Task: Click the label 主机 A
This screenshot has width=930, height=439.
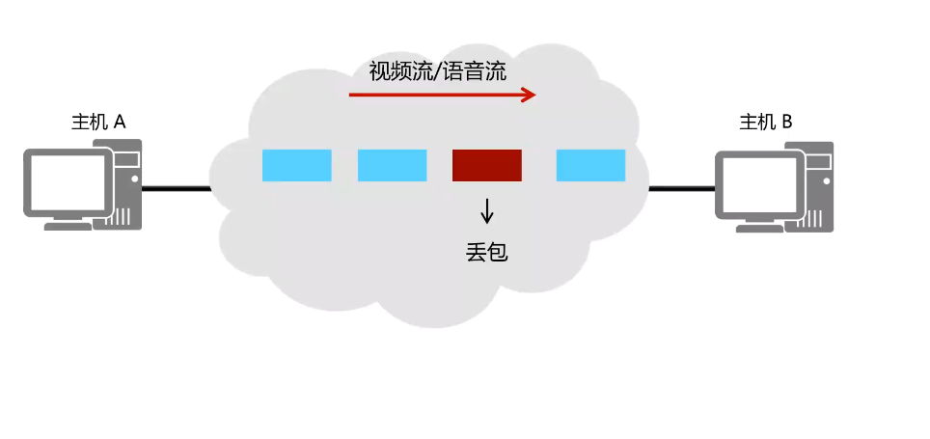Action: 99,123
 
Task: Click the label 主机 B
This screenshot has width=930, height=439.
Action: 766,123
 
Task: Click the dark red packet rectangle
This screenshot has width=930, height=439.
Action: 487,165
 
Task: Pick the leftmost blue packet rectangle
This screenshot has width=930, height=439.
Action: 297,165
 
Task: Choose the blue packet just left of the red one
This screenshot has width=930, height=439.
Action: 392,165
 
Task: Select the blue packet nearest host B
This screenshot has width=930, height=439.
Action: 590,165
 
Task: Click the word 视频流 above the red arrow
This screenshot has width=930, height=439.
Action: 398,71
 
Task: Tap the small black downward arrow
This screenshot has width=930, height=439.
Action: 487,209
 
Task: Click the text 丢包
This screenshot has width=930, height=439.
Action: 486,253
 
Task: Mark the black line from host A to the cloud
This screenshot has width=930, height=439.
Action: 176,188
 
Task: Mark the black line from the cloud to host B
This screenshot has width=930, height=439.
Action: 681,188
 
